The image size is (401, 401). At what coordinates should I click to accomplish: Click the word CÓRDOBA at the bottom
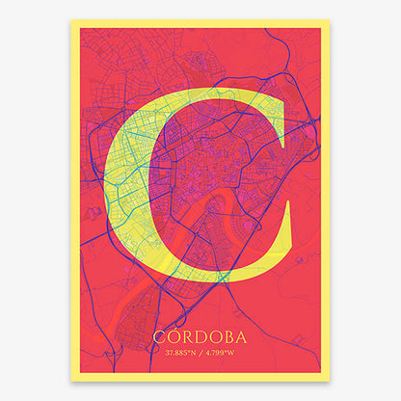pos(200,338)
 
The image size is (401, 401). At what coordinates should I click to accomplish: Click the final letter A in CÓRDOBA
pos(240,338)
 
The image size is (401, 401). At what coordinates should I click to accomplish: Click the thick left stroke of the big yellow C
pos(125,183)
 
